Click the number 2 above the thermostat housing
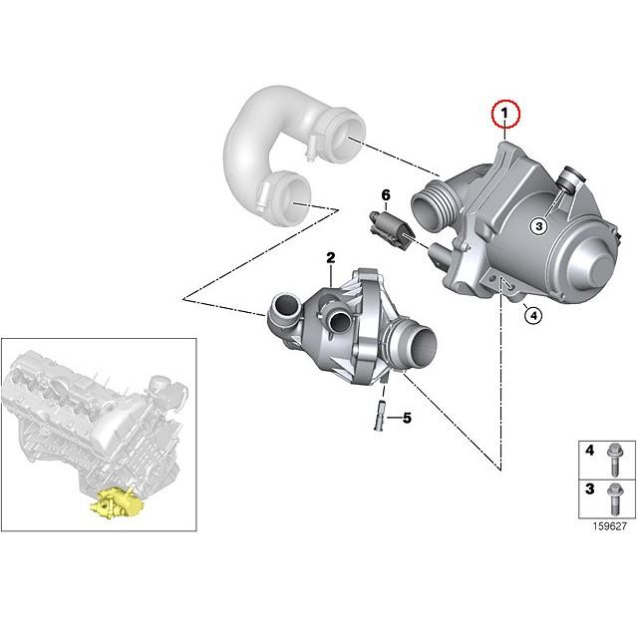coord(330,258)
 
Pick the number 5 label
coord(406,418)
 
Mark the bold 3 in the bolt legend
coord(589,490)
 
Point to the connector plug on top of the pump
coord(570,180)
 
